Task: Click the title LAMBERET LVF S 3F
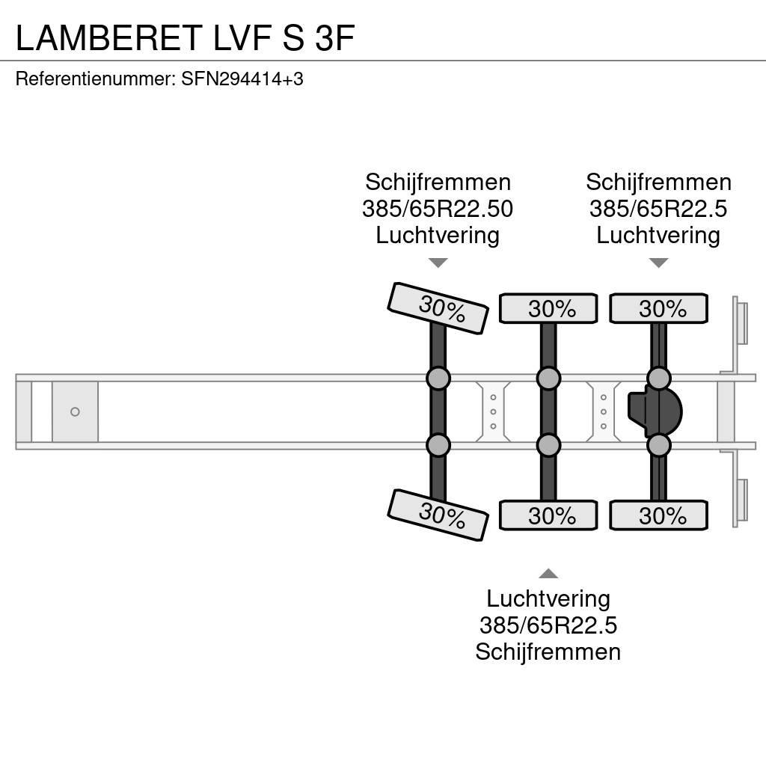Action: [x=184, y=37]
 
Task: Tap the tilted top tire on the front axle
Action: [x=438, y=307]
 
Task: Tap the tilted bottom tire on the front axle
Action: [x=438, y=514]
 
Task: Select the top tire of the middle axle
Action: [x=548, y=308]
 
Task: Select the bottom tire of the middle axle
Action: [x=548, y=515]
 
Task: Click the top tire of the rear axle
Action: [x=658, y=308]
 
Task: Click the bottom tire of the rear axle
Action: [x=658, y=515]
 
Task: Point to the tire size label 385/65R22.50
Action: [x=438, y=209]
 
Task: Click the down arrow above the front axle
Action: [x=438, y=263]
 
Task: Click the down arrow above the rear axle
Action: [x=658, y=263]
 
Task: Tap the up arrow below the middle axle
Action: [x=548, y=574]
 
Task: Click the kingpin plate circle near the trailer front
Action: [x=75, y=411]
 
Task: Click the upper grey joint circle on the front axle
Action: [x=438, y=378]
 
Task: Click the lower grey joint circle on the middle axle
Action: [x=548, y=446]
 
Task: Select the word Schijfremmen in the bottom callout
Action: [x=548, y=652]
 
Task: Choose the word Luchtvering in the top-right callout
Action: [x=658, y=235]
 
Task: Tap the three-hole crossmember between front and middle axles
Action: [x=493, y=411]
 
